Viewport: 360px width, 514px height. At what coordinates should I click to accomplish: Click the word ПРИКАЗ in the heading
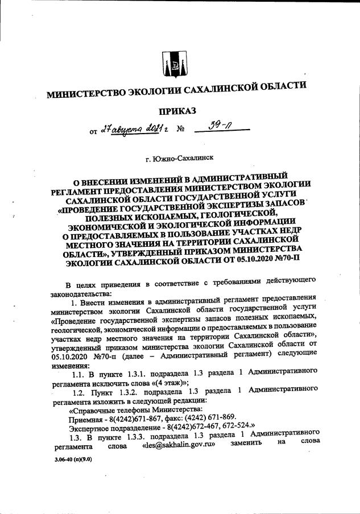point(177,110)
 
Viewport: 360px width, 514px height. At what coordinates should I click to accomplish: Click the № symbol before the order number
point(181,130)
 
